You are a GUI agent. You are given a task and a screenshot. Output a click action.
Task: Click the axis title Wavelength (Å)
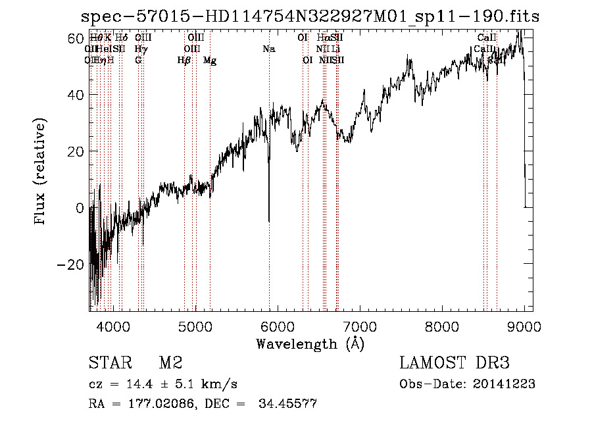[310, 343]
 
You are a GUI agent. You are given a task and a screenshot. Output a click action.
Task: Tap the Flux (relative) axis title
[41, 172]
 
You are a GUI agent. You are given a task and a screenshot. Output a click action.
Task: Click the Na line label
[268, 49]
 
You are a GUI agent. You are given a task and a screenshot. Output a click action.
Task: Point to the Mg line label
[210, 61]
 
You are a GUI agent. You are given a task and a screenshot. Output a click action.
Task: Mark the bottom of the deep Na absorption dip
[268, 221]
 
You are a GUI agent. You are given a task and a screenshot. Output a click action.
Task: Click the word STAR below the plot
[109, 363]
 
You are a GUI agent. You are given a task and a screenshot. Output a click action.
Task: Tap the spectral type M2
[170, 363]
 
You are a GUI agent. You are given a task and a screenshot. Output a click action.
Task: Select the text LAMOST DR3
[455, 363]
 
